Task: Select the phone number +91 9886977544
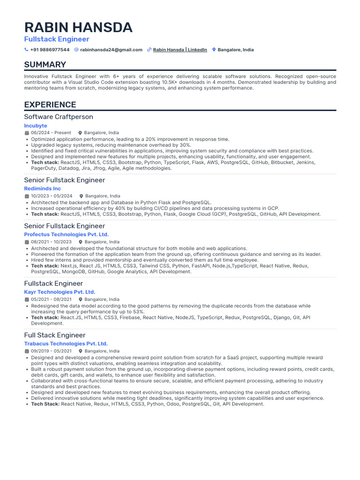coord(50,50)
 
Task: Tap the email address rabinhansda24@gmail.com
coord(111,50)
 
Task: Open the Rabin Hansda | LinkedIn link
coord(180,50)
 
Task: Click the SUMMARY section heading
coord(45,65)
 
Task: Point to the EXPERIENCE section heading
coord(50,105)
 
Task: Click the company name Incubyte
coord(36,126)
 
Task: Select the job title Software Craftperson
coord(59,117)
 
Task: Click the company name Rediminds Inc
coord(43,188)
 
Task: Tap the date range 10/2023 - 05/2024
coord(52,196)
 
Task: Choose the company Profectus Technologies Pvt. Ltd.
coord(66,234)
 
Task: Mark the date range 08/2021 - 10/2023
coord(51,242)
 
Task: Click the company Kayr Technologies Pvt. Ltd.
coord(60,292)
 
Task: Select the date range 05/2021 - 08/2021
coord(51,299)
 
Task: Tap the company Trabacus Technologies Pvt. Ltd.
coord(66,344)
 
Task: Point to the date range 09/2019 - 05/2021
coord(51,351)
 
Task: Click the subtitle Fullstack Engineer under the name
coord(57,39)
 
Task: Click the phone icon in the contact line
coord(26,50)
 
